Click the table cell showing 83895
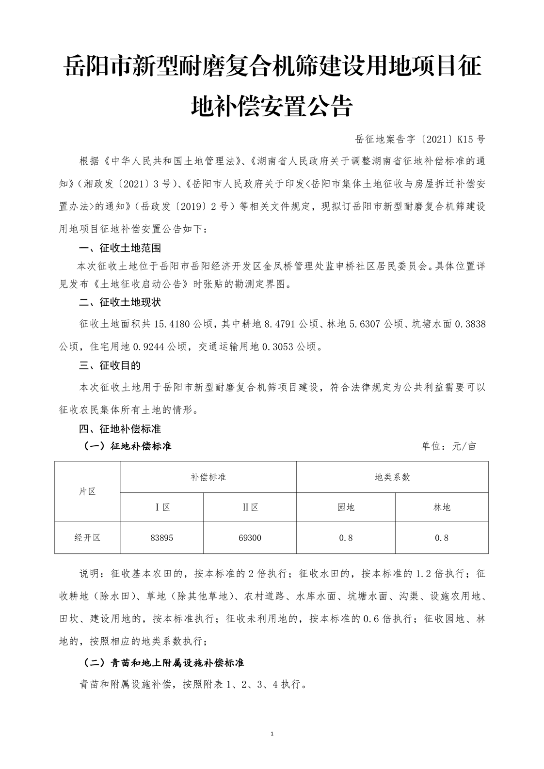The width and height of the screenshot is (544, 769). click(161, 537)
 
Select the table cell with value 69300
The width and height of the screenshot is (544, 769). click(250, 537)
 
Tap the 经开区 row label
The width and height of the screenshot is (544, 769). click(87, 537)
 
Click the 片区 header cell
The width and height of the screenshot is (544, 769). click(87, 491)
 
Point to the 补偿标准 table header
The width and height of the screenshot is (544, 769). click(208, 477)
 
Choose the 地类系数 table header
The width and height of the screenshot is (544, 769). click(392, 477)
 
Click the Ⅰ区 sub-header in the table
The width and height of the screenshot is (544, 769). click(161, 507)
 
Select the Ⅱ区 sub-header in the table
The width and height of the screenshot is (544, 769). click(250, 507)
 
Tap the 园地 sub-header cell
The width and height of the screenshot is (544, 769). click(346, 507)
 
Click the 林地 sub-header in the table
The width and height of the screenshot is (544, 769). click(442, 507)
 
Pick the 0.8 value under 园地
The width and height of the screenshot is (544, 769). click(346, 537)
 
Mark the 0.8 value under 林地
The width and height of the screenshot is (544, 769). click(442, 537)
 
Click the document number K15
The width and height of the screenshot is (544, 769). click(463, 140)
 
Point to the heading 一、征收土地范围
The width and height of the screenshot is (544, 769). click(120, 248)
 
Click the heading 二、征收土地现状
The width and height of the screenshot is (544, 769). click(120, 303)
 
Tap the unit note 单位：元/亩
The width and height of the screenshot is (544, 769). click(448, 446)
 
